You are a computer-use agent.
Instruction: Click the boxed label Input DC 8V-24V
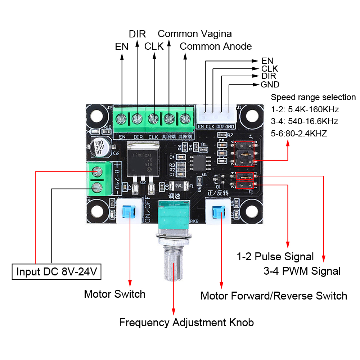(57, 271)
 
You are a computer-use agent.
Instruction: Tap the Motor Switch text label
(114, 294)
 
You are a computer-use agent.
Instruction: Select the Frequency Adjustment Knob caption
(186, 322)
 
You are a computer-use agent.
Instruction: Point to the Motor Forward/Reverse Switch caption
(274, 296)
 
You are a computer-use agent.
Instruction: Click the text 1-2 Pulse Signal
(275, 257)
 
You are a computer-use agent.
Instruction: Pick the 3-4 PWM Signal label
(302, 271)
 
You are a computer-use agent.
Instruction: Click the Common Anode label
(216, 46)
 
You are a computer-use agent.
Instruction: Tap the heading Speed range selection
(313, 97)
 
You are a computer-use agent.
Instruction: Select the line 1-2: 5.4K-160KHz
(305, 109)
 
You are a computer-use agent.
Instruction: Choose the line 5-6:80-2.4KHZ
(299, 134)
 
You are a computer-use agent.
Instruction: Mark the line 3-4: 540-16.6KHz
(304, 121)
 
